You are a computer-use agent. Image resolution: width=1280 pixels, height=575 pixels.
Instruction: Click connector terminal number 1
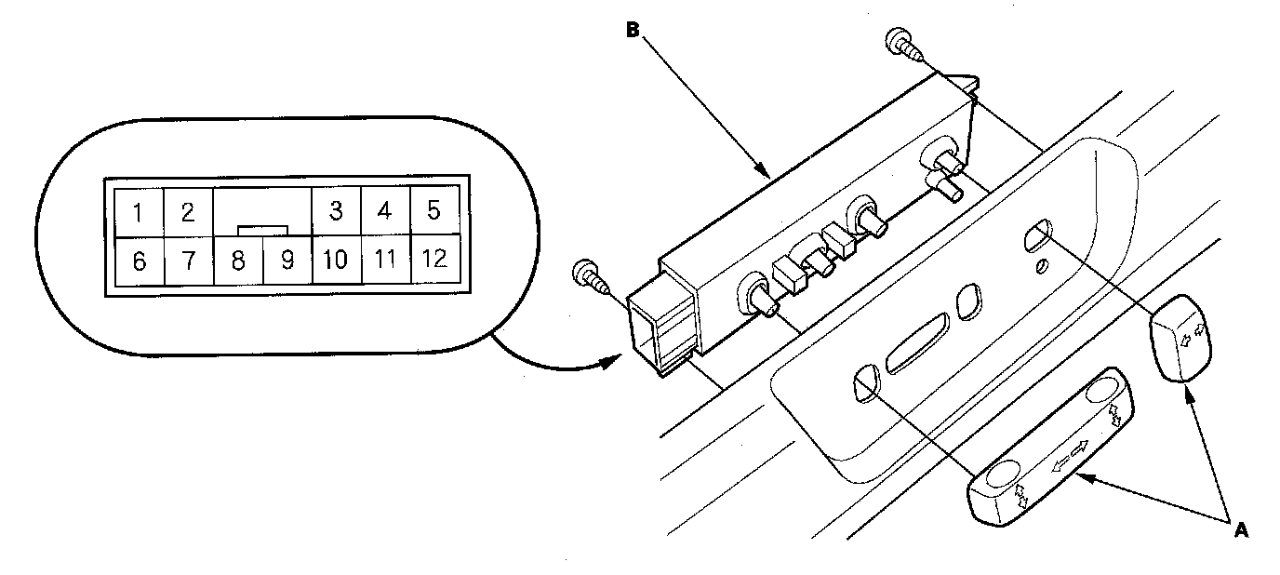click(138, 213)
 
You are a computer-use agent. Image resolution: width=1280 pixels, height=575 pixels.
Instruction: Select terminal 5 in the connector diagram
click(433, 211)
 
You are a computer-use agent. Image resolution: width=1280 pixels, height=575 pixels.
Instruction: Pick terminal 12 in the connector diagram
click(433, 260)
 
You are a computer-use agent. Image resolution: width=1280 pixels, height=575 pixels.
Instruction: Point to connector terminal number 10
click(335, 261)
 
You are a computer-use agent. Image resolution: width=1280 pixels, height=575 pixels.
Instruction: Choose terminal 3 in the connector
click(336, 211)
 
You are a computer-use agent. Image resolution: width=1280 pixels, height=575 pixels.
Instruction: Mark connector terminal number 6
click(139, 261)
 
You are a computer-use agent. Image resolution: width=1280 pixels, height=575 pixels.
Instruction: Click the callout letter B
click(633, 30)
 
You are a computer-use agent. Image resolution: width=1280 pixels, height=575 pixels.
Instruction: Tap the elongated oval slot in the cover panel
click(917, 341)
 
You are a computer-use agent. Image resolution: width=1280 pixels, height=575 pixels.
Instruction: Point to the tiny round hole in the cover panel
click(1043, 266)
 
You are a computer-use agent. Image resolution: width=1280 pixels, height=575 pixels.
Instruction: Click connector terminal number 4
click(384, 211)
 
